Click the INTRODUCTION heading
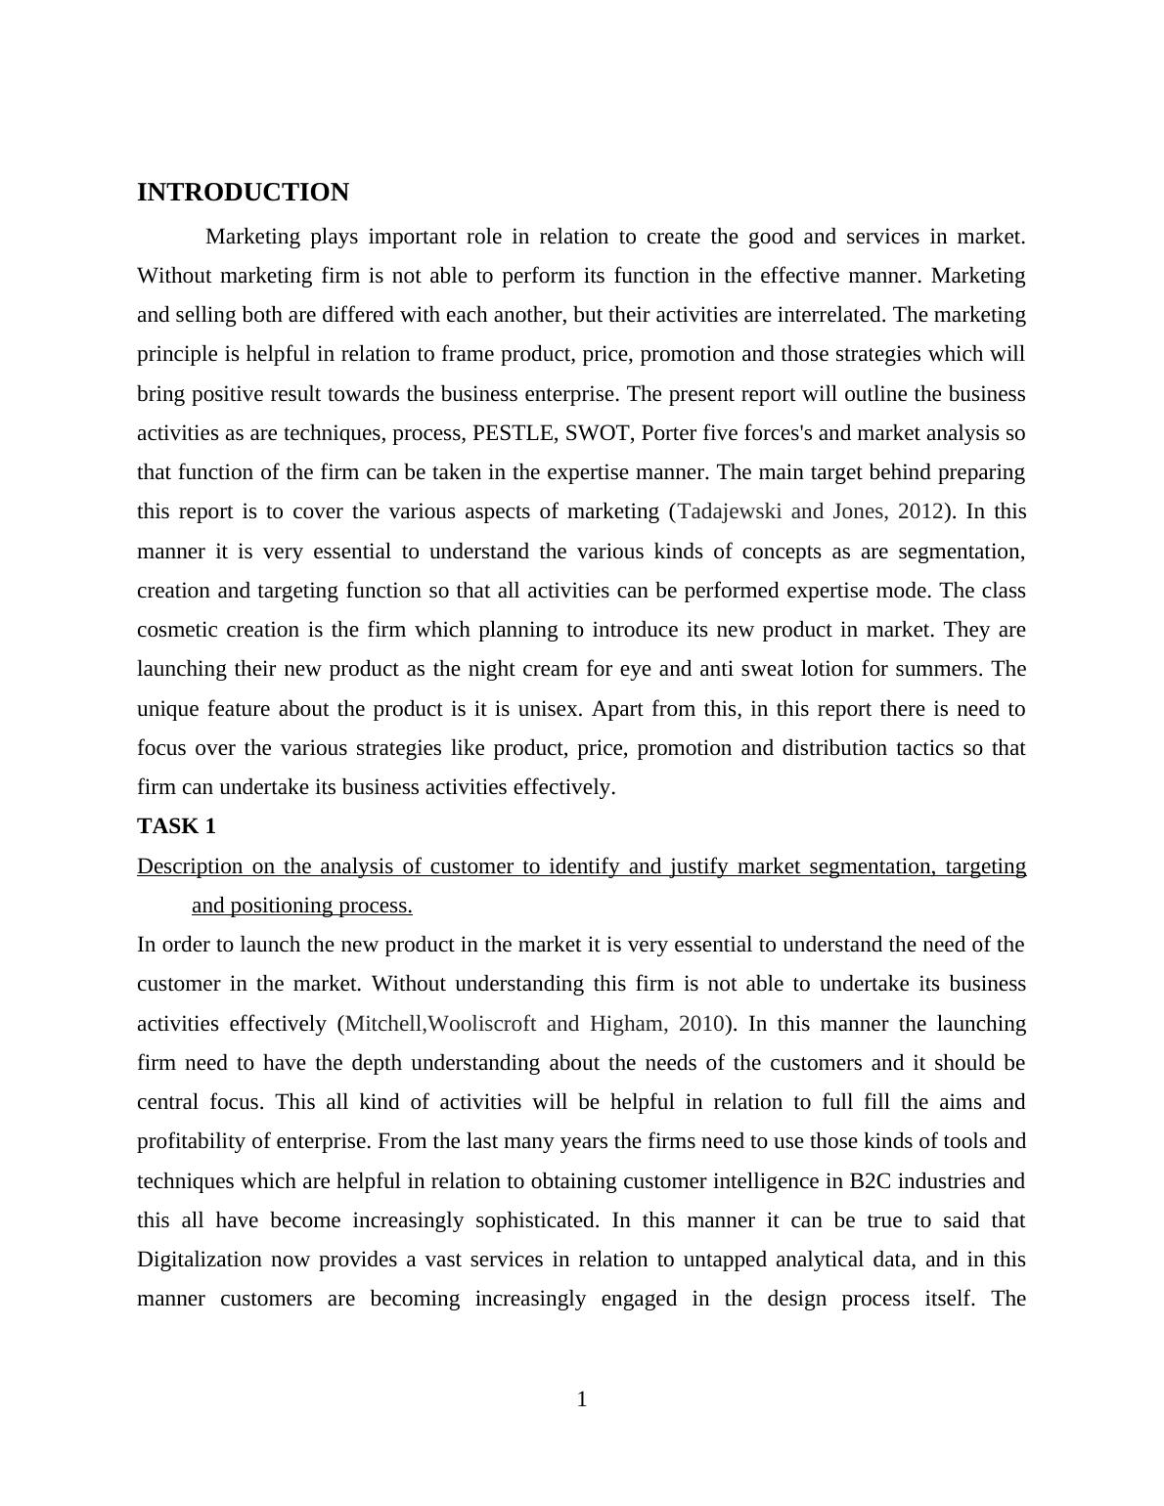click(x=243, y=193)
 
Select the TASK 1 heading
click(x=176, y=826)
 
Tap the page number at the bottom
click(x=582, y=1399)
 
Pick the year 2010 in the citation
click(x=700, y=1024)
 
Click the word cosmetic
click(x=177, y=630)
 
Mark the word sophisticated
click(x=536, y=1220)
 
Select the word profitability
click(x=196, y=1141)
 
